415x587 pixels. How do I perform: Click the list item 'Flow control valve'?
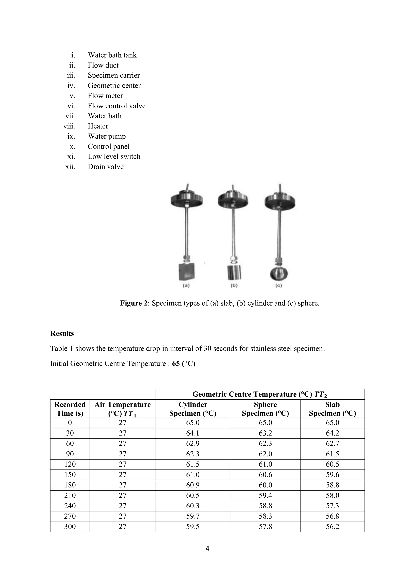click(117, 106)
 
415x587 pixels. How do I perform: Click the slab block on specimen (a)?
click(186, 272)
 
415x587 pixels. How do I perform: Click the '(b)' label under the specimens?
click(234, 285)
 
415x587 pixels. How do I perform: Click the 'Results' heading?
click(62, 333)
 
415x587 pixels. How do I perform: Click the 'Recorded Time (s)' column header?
click(70, 409)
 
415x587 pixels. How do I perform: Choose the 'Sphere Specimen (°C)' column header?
click(265, 409)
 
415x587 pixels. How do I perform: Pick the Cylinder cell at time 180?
click(193, 485)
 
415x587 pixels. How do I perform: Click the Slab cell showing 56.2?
click(332, 527)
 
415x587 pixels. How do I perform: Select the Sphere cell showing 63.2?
click(265, 433)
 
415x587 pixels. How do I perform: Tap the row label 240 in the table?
click(70, 506)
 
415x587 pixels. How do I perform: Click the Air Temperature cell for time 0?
click(122, 423)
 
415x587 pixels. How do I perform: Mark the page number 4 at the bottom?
click(207, 549)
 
